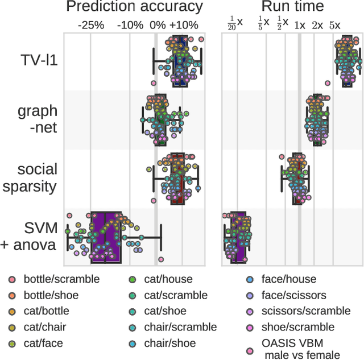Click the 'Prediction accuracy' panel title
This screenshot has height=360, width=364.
click(134, 7)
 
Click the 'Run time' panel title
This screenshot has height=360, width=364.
click(292, 7)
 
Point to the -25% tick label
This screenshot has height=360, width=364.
click(91, 25)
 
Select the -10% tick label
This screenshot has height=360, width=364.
click(130, 25)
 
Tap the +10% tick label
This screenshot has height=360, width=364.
click(183, 25)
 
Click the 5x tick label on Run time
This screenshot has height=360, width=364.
click(334, 25)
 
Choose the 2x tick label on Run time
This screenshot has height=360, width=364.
click(317, 25)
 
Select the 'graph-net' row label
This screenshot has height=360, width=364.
click(38, 119)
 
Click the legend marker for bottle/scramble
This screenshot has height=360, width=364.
click(11, 279)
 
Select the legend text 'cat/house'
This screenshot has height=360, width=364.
click(168, 279)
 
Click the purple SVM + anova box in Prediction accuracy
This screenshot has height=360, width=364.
click(106, 237)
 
